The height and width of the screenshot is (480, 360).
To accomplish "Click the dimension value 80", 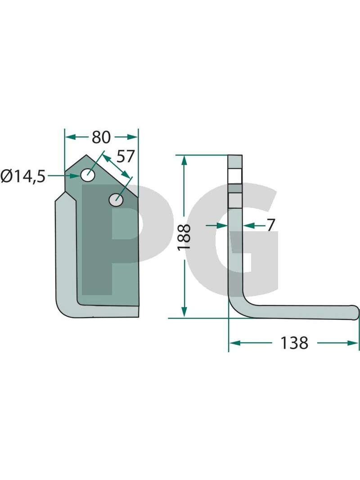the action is click(101, 137).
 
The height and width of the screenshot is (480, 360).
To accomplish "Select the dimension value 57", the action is click(126, 157).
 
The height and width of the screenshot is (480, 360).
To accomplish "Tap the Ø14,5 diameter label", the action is click(23, 176).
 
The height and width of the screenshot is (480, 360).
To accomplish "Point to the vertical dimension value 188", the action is click(184, 237).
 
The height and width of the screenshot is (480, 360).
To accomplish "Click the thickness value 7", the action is click(270, 226).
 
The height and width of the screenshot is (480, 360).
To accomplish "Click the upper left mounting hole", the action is click(88, 175).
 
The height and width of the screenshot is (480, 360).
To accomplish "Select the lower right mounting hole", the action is click(117, 200).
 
